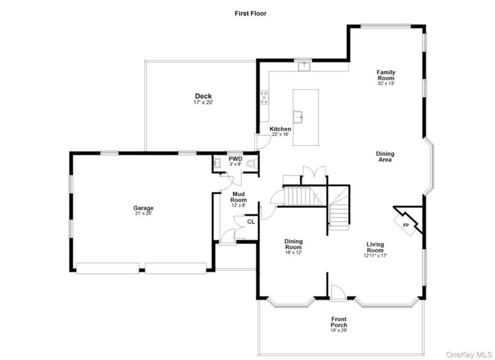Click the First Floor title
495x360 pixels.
[x=250, y=13]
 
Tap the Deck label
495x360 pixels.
[x=204, y=96]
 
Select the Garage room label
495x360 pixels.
[x=143, y=208]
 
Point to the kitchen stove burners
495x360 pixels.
[x=264, y=98]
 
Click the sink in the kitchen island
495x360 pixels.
[x=298, y=117]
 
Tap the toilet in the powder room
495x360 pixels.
[x=251, y=163]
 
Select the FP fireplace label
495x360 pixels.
[x=406, y=225]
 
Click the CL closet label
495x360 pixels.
[x=251, y=222]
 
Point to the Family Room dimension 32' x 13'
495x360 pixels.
[x=386, y=84]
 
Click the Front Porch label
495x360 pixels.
[x=339, y=322]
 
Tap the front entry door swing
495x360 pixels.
[x=337, y=292]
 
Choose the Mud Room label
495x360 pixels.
[x=238, y=197]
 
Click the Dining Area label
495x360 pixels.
[x=385, y=157]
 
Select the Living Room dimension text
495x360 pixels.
[x=375, y=256]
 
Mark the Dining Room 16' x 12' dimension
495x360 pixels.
[x=293, y=252]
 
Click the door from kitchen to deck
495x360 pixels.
[x=262, y=142]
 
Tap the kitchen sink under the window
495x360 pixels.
[x=304, y=67]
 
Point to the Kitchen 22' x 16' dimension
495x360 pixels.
[x=280, y=134]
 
